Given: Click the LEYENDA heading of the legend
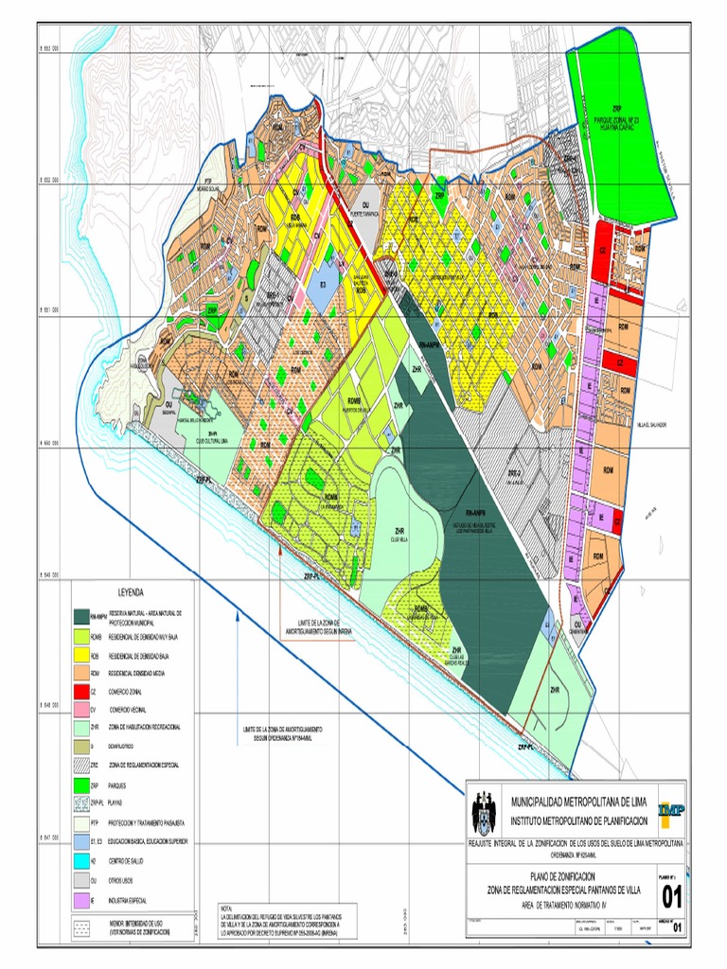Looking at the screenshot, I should pyautogui.click(x=131, y=592).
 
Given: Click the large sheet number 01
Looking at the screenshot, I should pyautogui.click(x=672, y=897).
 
